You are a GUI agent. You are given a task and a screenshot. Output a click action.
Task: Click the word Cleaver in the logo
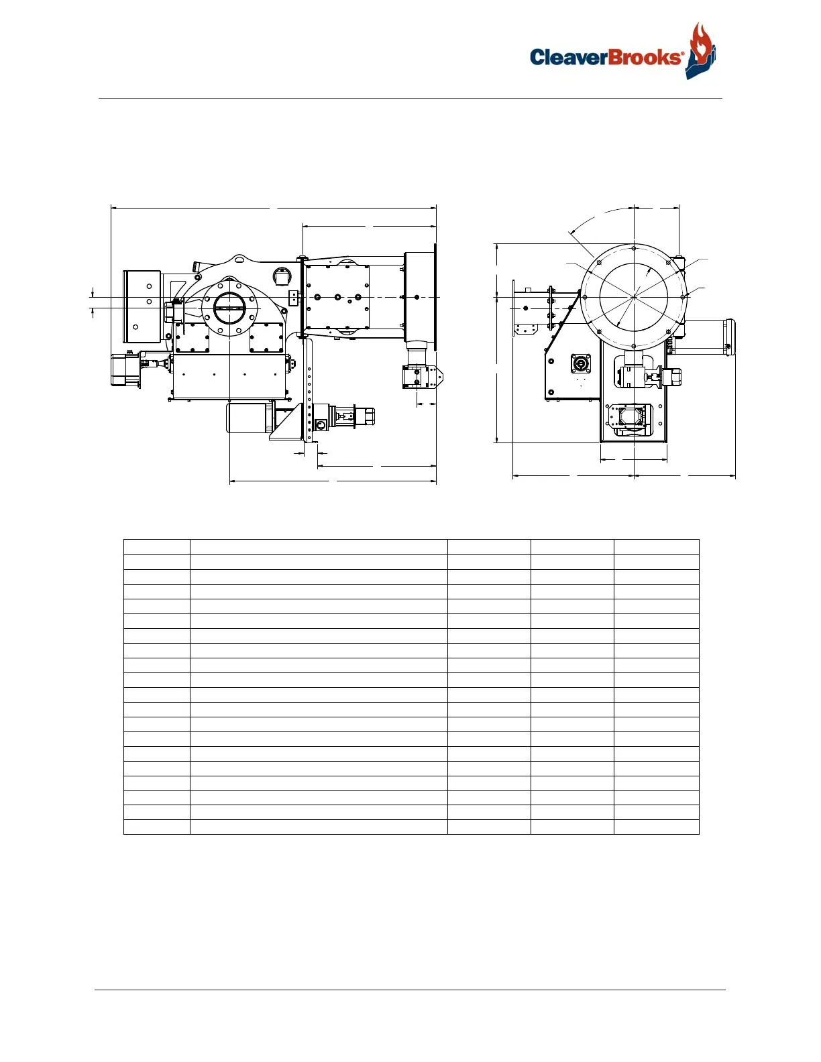[568, 57]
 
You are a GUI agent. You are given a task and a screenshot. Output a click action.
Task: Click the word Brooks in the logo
[645, 57]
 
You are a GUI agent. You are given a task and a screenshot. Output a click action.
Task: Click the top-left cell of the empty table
[156, 547]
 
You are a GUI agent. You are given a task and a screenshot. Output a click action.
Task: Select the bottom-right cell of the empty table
[656, 827]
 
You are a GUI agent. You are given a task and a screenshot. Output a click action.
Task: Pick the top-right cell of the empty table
[656, 547]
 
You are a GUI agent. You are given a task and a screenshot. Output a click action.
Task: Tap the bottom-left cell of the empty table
[156, 827]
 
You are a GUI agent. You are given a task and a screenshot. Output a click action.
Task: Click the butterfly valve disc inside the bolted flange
[229, 308]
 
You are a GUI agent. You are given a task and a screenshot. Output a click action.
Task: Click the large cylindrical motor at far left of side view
[142, 306]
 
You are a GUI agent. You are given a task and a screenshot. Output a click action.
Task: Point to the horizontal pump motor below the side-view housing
[250, 418]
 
